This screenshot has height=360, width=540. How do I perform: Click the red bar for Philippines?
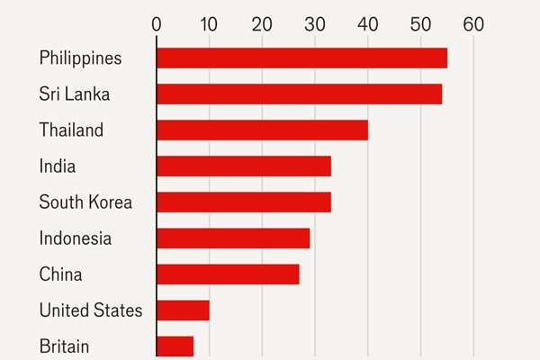point(302,58)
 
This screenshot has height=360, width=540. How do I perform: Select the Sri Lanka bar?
point(300,94)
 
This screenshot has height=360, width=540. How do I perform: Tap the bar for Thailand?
point(263,130)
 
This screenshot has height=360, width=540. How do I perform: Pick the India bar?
point(244,166)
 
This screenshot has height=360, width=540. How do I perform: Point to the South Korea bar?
point(244,202)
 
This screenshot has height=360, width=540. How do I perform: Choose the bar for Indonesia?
point(233,238)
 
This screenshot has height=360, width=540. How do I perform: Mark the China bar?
point(228,274)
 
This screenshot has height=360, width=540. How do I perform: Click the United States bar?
point(183,310)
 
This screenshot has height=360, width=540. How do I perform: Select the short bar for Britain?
point(175,346)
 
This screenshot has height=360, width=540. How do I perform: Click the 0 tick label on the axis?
point(157,24)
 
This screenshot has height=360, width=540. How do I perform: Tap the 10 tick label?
point(209,24)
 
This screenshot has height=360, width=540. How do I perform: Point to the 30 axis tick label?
point(315,24)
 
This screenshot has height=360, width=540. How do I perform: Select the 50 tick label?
point(420,24)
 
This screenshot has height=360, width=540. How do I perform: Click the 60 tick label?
point(473,24)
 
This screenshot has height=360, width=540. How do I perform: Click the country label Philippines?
point(80,58)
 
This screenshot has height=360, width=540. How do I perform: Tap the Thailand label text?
point(71,130)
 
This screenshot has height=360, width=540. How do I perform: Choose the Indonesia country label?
point(76,238)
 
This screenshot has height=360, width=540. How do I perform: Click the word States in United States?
point(118,310)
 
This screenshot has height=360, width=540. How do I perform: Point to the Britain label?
point(64,346)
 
